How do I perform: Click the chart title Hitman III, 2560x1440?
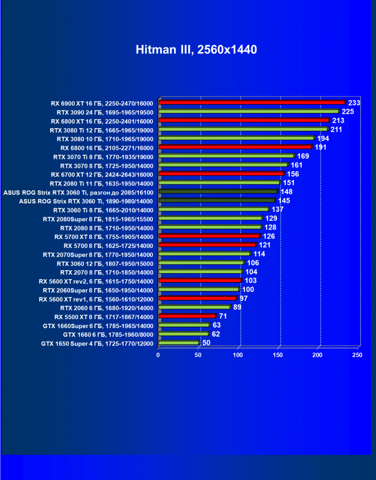[x=196, y=49]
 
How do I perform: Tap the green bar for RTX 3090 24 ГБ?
[x=248, y=112]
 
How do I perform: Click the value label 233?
[x=354, y=103]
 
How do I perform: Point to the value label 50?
[x=206, y=342]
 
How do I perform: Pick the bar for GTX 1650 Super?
[x=179, y=342]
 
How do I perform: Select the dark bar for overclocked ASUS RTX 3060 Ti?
[x=218, y=192]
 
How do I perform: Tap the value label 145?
[x=284, y=200]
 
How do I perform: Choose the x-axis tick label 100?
[x=238, y=355]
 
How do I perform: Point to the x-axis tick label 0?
[x=158, y=355]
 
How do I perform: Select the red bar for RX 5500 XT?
[x=187, y=316]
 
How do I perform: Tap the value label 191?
[x=321, y=147]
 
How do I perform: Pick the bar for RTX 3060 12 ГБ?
[x=201, y=263]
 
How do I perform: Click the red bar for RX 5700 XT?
[x=209, y=237]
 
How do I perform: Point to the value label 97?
[x=243, y=298]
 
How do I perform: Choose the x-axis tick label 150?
[x=279, y=355]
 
